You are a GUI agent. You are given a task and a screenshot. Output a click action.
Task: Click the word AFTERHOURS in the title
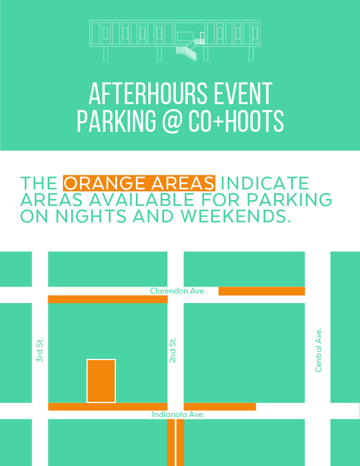pyautogui.click(x=148, y=94)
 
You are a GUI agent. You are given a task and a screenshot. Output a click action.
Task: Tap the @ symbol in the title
pyautogui.click(x=172, y=121)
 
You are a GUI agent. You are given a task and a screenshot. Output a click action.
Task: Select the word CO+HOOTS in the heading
pyautogui.click(x=236, y=121)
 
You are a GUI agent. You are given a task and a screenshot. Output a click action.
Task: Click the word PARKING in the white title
pyautogui.click(x=116, y=121)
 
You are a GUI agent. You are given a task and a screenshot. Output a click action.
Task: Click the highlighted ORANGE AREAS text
pyautogui.click(x=139, y=183)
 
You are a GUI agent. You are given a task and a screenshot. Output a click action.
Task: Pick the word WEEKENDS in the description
pyautogui.click(x=235, y=216)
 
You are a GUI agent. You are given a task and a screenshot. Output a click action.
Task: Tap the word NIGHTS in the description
pyautogui.click(x=91, y=216)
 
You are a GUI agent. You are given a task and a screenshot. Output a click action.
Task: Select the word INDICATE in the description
pyautogui.click(x=265, y=183)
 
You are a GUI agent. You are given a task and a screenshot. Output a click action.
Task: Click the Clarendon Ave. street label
pyautogui.click(x=178, y=291)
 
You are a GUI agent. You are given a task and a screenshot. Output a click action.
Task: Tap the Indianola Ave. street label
pyautogui.click(x=178, y=415)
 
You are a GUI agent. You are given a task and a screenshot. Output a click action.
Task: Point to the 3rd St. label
pyautogui.click(x=39, y=350)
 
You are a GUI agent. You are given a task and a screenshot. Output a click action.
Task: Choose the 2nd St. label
pyautogui.click(x=172, y=350)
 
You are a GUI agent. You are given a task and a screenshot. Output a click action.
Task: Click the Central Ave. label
pyautogui.click(x=318, y=350)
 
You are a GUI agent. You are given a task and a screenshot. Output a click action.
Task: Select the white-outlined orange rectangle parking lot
pyautogui.click(x=101, y=381)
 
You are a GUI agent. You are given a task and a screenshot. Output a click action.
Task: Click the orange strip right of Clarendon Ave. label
pyautogui.click(x=262, y=291)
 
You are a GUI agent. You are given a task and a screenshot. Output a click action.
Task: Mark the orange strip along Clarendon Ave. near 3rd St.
pyautogui.click(x=108, y=299)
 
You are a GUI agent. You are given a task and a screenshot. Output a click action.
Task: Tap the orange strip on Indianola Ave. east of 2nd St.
pyautogui.click(x=220, y=407)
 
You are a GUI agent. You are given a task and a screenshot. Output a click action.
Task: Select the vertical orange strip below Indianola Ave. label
pyautogui.click(x=175, y=442)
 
